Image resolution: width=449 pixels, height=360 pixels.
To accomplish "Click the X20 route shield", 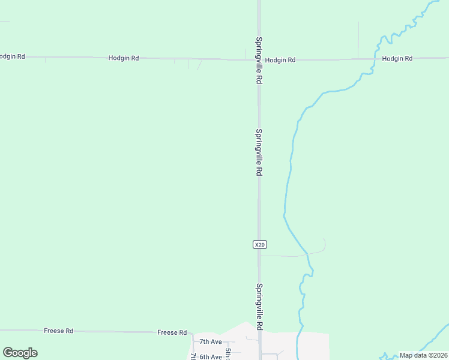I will click(259, 244).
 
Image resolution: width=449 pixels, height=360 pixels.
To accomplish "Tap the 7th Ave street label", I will click(211, 341).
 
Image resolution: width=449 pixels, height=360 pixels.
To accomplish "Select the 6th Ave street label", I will click(211, 356).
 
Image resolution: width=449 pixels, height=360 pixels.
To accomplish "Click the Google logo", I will click(20, 353).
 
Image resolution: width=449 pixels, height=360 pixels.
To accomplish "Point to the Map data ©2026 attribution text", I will click(423, 355).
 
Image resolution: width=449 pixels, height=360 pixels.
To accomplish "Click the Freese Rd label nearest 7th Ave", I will click(172, 332).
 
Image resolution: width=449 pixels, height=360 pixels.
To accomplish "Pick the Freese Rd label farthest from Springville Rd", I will click(58, 331).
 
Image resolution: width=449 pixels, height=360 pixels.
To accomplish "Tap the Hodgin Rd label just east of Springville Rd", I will click(280, 60).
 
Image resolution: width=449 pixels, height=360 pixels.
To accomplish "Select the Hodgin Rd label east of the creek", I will click(397, 58).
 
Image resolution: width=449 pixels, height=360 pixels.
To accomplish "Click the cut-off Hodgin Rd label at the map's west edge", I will click(12, 56).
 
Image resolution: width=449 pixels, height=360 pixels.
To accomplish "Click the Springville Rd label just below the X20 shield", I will click(259, 307).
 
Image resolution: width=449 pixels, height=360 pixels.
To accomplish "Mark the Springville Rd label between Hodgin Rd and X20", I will click(259, 152).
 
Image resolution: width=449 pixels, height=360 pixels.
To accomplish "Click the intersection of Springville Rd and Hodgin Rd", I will click(259, 59).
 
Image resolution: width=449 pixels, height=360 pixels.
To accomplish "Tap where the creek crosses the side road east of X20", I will click(307, 254).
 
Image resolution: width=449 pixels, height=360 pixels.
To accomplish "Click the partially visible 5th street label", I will click(228, 353).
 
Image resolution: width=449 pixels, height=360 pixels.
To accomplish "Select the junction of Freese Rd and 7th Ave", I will click(192, 333).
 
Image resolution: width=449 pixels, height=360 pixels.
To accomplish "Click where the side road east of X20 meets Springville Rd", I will click(259, 256).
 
